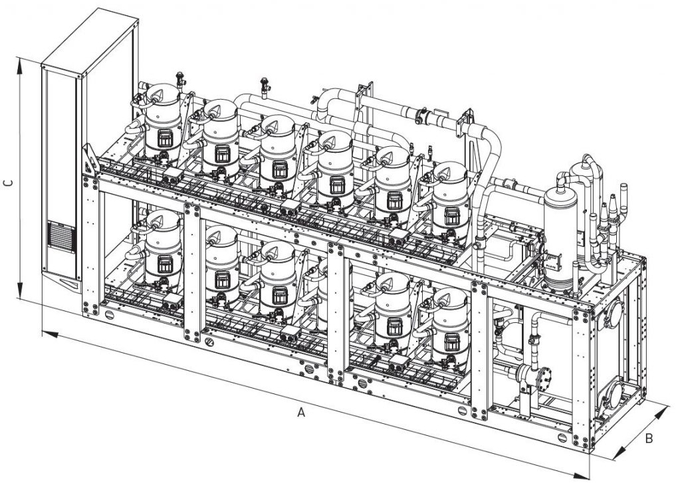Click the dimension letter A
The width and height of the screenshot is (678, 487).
pyautogui.click(x=301, y=412)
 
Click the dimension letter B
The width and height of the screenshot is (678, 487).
pyautogui.click(x=649, y=438)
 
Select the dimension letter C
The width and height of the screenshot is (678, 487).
pyautogui.click(x=8, y=183)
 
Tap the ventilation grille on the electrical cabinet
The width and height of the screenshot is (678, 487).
pyautogui.click(x=61, y=235)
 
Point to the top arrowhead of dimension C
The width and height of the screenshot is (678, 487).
pyautogui.click(x=19, y=65)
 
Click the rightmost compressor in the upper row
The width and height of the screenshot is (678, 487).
pyautogui.click(x=450, y=199)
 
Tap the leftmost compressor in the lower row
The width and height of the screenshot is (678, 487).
pyautogui.click(x=163, y=248)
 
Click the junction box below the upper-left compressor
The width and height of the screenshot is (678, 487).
pyautogui.click(x=173, y=175)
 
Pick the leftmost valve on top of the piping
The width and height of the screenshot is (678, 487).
pyautogui.click(x=179, y=80)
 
